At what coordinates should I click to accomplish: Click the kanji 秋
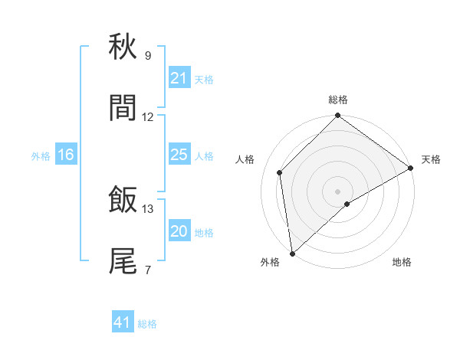tap(123, 47)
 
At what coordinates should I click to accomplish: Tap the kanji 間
tap(123, 109)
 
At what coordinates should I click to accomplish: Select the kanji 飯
tap(123, 201)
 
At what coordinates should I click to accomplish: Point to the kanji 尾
tap(123, 261)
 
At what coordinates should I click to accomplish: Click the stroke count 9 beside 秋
tap(148, 56)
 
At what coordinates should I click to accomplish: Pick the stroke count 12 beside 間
tap(148, 117)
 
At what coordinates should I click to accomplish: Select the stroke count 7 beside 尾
tap(148, 270)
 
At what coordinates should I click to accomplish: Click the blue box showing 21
tap(179, 78)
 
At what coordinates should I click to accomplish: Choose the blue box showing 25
tap(179, 155)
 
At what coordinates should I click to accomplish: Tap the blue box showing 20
tap(179, 231)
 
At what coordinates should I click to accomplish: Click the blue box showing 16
tap(66, 155)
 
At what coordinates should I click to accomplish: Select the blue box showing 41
tap(123, 322)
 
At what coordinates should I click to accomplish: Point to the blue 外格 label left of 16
tap(41, 155)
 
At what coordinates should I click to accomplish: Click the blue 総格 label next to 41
tap(147, 323)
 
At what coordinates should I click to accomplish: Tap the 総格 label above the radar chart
tap(338, 100)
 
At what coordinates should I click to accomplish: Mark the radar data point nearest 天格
tap(411, 169)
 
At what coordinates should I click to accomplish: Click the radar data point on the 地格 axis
tap(347, 204)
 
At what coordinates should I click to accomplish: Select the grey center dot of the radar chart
tap(338, 191)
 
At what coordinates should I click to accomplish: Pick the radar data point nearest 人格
tap(280, 172)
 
